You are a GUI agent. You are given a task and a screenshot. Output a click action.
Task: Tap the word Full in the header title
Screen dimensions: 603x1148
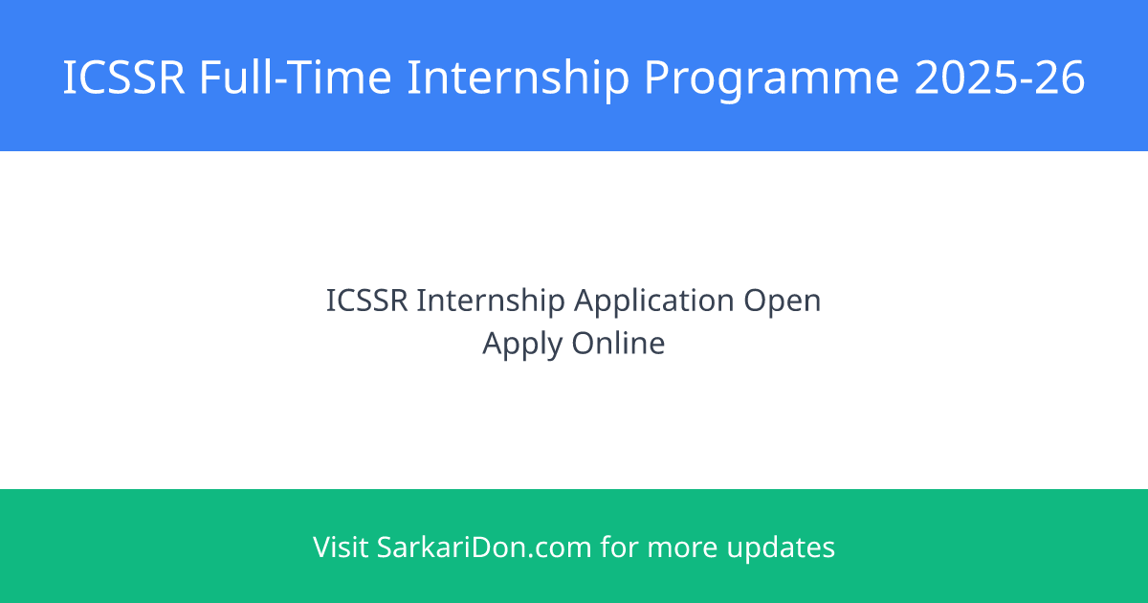click(233, 78)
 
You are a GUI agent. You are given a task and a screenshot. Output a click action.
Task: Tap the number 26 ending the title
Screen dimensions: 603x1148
click(1062, 78)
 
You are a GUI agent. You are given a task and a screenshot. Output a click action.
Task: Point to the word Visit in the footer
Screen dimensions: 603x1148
click(340, 547)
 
